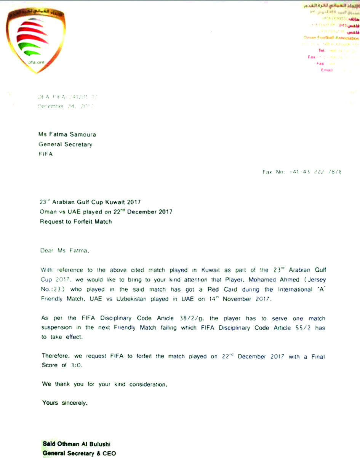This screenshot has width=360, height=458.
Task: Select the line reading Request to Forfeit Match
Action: pos(76,221)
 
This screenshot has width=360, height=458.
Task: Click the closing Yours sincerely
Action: pos(65,403)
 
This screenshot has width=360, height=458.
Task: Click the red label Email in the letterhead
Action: pos(327,70)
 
